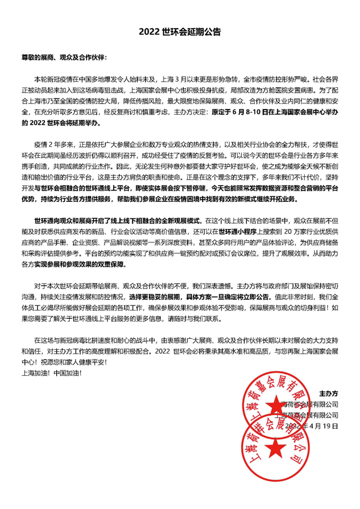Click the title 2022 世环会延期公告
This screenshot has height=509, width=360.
180,33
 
